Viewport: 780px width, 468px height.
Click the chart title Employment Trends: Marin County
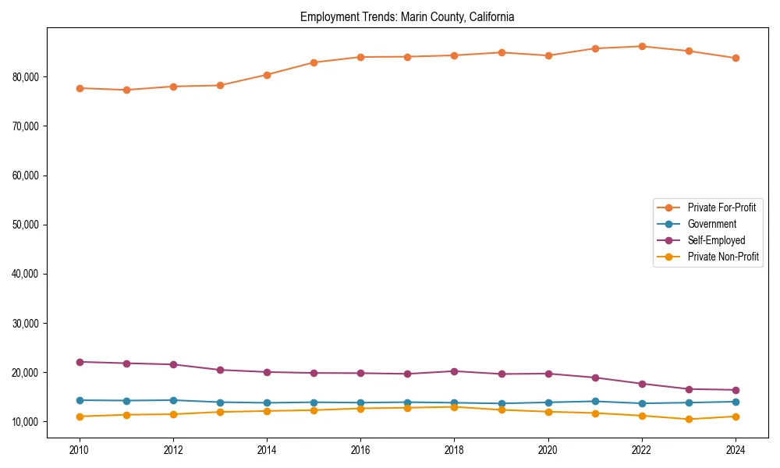tap(407, 17)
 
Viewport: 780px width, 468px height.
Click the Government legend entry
tap(711, 224)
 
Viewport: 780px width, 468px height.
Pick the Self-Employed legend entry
tap(716, 240)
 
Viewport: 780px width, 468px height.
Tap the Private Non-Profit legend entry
tap(723, 257)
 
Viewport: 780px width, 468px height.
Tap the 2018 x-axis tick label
tap(454, 449)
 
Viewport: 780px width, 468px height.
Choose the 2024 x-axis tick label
tap(736, 449)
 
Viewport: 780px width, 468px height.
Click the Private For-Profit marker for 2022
tap(642, 46)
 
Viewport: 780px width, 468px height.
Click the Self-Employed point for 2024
tap(736, 390)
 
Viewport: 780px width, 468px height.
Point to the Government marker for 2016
tap(360, 402)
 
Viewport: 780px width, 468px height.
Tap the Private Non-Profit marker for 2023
tap(689, 419)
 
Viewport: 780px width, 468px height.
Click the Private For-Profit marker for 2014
tap(267, 75)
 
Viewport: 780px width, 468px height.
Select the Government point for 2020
tap(548, 402)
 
